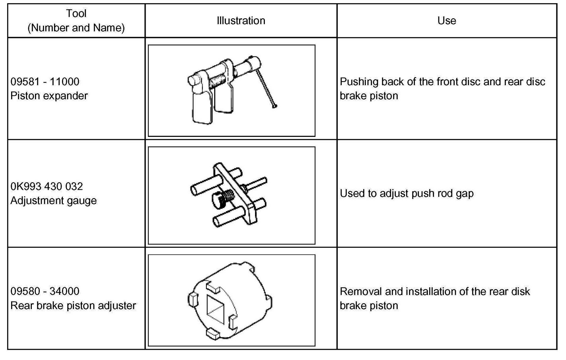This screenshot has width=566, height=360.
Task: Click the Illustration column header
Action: [x=241, y=21]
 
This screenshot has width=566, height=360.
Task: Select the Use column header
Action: [x=447, y=21]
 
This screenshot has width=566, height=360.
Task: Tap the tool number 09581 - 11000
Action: [x=45, y=82]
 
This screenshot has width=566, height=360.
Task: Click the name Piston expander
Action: [x=49, y=96]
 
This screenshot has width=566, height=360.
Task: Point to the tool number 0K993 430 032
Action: [x=47, y=187]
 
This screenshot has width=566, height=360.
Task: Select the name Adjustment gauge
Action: [x=54, y=200]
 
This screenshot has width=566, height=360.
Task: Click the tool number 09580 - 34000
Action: [x=45, y=291]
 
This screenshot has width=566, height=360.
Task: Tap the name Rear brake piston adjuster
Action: [x=73, y=306]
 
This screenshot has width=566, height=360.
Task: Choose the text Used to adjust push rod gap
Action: [x=407, y=193]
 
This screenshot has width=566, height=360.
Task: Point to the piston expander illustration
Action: [x=231, y=90]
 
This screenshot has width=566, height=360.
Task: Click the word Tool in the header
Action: [x=76, y=14]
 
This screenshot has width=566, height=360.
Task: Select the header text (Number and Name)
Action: [x=76, y=28]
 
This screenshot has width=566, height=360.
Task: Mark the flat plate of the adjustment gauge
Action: [x=235, y=193]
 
